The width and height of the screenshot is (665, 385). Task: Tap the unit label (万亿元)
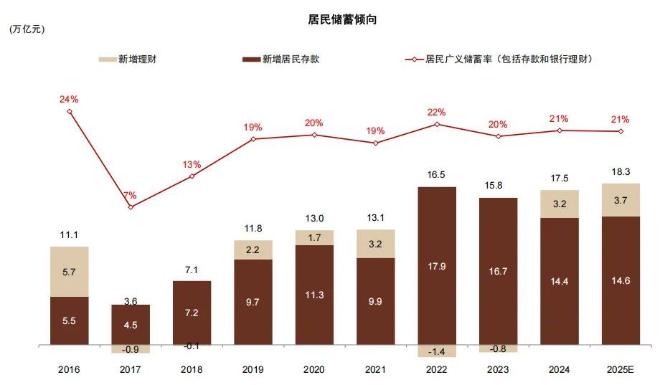pos(28,30)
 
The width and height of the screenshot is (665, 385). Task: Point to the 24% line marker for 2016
pos(70,111)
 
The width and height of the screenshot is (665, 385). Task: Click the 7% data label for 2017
pos(130,195)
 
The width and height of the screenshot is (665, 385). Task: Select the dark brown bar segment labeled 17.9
pos(436,266)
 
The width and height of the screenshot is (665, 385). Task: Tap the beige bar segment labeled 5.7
pos(70,272)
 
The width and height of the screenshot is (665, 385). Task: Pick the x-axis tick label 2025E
pos(621,370)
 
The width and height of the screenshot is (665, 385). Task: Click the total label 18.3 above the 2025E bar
pos(621,172)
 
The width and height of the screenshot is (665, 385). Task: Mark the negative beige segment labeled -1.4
pos(436,351)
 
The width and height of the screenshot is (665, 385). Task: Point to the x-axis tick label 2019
pos(253,370)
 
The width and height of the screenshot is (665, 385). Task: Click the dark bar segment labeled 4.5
pos(130,325)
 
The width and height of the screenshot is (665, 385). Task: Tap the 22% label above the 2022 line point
pos(436,112)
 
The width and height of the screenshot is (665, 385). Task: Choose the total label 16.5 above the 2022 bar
pos(436,175)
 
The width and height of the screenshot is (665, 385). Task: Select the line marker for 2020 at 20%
pos(314,135)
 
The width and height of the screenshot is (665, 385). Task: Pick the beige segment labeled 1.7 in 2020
pos(314,237)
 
